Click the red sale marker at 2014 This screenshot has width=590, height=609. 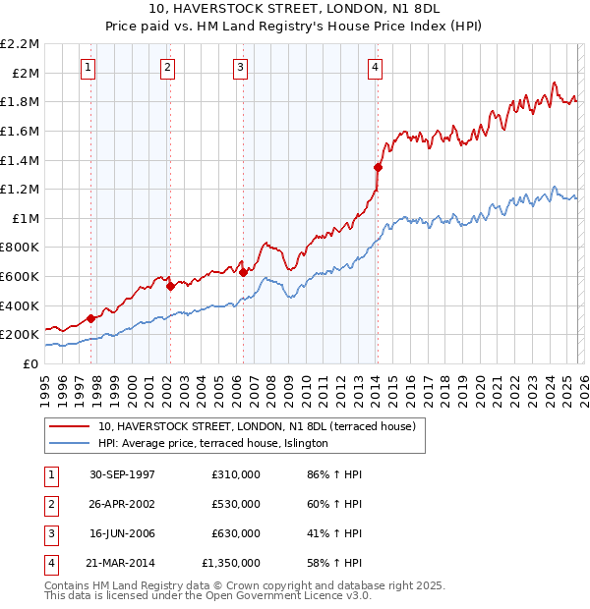pos(378,167)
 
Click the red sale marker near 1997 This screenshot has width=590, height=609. pos(91,318)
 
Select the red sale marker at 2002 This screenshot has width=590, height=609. pos(170,287)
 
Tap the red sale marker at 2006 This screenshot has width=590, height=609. pos(243,272)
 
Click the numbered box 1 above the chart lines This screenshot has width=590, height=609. pos(88,68)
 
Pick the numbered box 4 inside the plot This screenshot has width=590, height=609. pos(376,68)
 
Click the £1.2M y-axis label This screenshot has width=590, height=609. pos(22,189)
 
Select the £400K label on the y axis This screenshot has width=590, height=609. pos(21,305)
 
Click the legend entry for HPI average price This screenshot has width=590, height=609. pos(212,443)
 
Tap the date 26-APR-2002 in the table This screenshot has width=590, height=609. pos(121,504)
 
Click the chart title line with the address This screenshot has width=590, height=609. pos(295,8)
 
